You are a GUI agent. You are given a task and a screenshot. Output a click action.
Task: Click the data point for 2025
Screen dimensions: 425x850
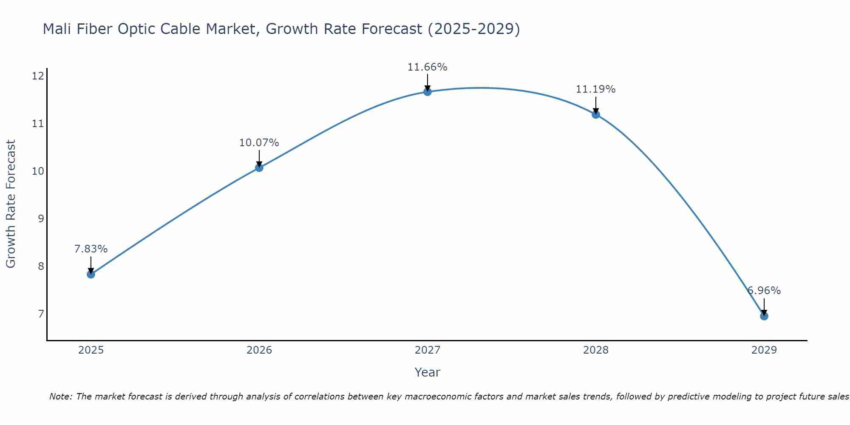point(91,274)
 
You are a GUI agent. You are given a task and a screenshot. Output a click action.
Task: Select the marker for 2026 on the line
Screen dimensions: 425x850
point(259,167)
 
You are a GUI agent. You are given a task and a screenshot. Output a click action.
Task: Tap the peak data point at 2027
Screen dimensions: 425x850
point(428,92)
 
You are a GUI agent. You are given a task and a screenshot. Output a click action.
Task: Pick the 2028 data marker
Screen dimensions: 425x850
point(596,114)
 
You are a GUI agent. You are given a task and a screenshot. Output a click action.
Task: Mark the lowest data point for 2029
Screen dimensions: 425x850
point(764,316)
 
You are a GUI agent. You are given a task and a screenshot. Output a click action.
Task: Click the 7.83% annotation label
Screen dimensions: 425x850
point(91,249)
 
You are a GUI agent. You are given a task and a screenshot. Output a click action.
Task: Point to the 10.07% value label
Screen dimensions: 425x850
point(259,143)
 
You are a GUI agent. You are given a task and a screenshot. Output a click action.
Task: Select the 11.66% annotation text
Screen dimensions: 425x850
point(427,67)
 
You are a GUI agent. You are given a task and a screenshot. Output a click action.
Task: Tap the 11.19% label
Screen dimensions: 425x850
point(595,89)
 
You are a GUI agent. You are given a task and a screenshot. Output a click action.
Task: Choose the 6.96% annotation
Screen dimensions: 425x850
point(764,291)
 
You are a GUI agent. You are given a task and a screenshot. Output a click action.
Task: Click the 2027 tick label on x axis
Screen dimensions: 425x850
point(428,350)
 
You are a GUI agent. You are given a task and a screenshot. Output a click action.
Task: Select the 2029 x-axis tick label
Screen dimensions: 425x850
point(764,350)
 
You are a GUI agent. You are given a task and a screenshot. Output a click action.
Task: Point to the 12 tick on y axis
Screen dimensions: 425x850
point(38,76)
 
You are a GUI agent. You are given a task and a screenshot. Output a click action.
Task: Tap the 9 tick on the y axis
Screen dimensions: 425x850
point(41,219)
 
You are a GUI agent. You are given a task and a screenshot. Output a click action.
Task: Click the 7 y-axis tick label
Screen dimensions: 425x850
point(41,314)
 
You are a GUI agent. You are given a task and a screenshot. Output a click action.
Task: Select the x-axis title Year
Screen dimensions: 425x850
point(427,372)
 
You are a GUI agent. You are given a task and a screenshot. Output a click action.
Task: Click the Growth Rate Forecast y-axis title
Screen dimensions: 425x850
point(11,204)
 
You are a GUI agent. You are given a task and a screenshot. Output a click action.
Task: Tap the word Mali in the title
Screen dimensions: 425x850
point(57,29)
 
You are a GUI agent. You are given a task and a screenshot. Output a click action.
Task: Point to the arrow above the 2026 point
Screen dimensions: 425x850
point(259,159)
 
